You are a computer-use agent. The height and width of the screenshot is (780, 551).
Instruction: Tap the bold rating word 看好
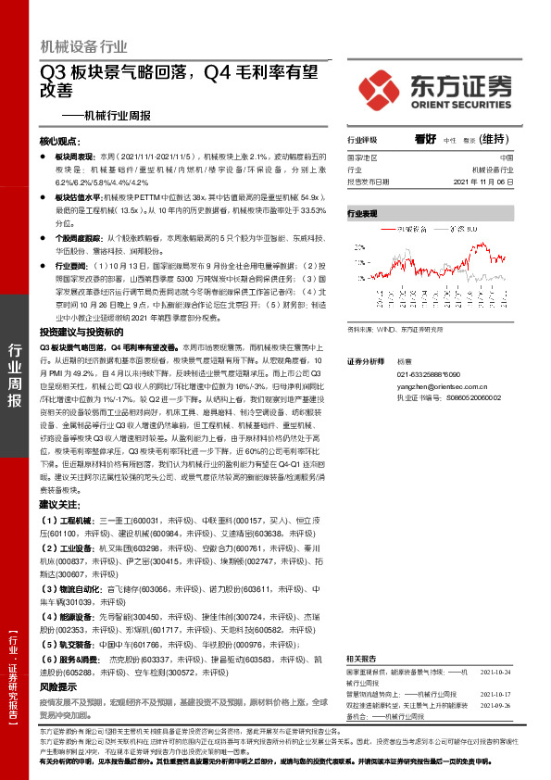(427, 138)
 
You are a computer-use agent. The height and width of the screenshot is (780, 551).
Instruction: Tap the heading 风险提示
(57, 687)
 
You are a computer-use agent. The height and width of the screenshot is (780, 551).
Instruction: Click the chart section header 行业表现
(363, 213)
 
